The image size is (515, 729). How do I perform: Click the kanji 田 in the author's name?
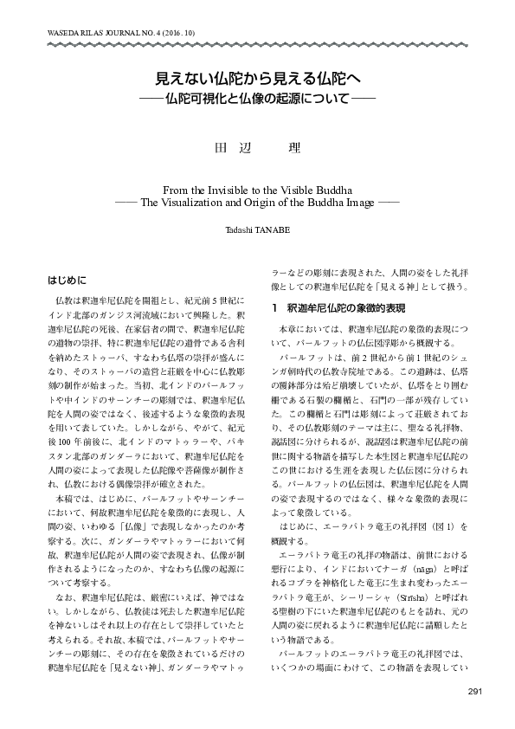[x=219, y=146]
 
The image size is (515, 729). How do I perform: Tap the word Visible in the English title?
[x=302, y=188]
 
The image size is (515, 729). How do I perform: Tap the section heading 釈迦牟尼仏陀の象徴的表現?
[x=347, y=308]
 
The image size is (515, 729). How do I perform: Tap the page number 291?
[x=475, y=690]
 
